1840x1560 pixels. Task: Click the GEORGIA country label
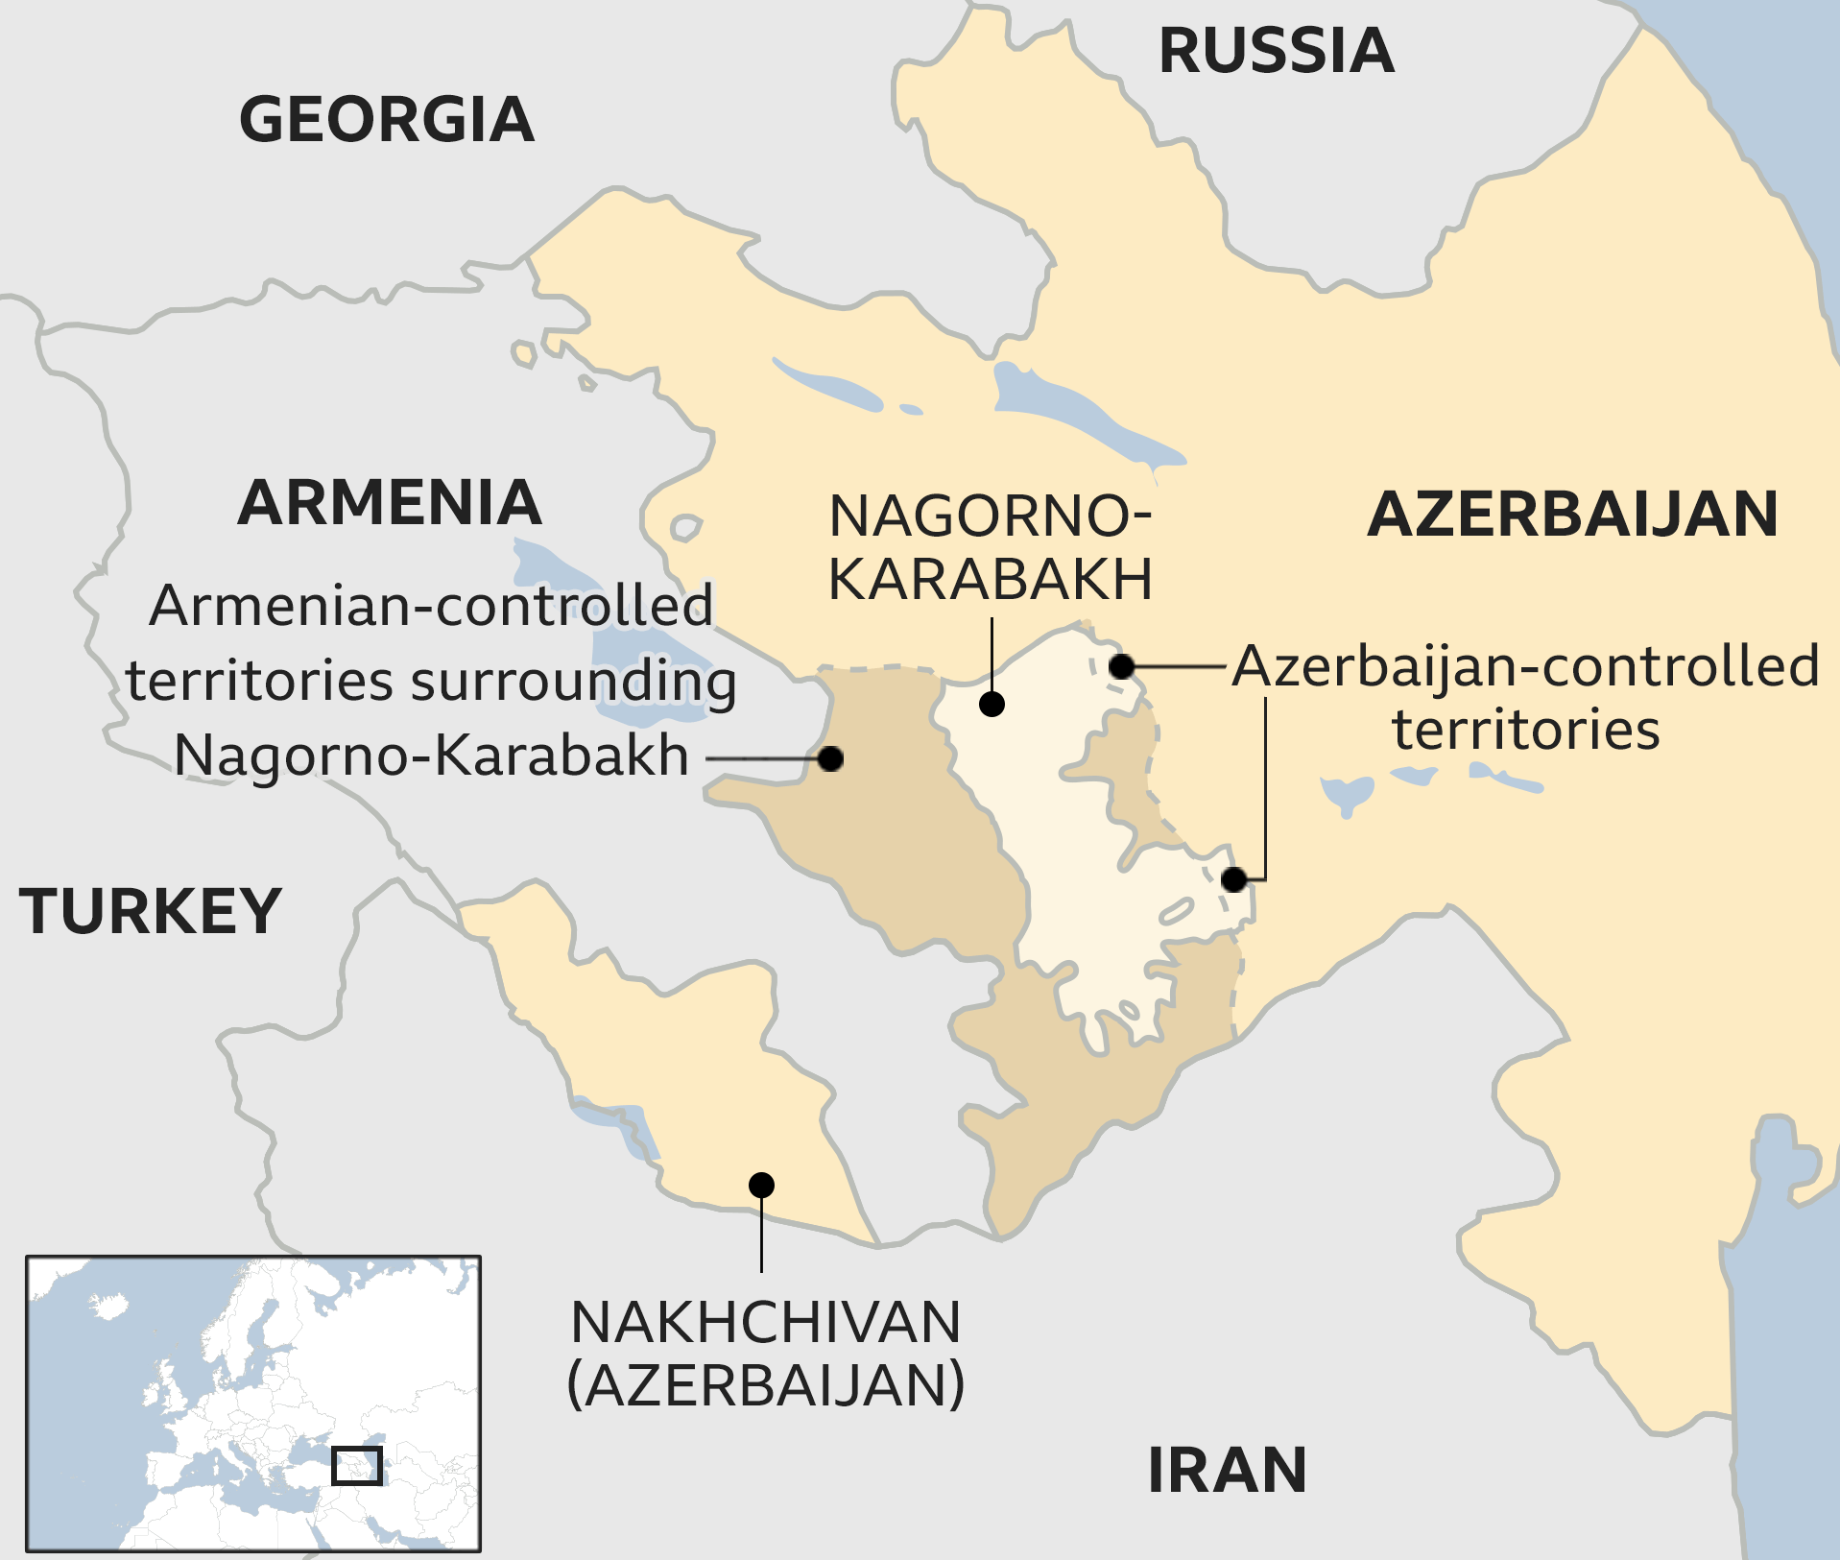(386, 120)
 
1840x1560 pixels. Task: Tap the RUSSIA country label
(1276, 51)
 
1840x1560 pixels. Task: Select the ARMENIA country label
(390, 503)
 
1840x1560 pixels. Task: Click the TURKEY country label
(151, 911)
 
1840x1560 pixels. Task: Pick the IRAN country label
(1227, 1470)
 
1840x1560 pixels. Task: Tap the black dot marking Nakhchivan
(761, 1185)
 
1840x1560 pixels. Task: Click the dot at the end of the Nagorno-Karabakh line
(992, 704)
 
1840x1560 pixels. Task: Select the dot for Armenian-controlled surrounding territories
(830, 758)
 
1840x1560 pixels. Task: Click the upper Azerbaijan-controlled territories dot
(1121, 665)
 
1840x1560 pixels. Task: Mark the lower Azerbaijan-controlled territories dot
(1234, 878)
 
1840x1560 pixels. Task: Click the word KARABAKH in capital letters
(990, 579)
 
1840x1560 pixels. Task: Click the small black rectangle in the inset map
(357, 1465)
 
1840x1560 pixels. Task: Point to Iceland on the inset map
(108, 1305)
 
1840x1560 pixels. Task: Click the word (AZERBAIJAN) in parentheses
(765, 1385)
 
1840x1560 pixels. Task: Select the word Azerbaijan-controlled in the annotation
(1525, 666)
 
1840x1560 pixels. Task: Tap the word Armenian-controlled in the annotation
(431, 606)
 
